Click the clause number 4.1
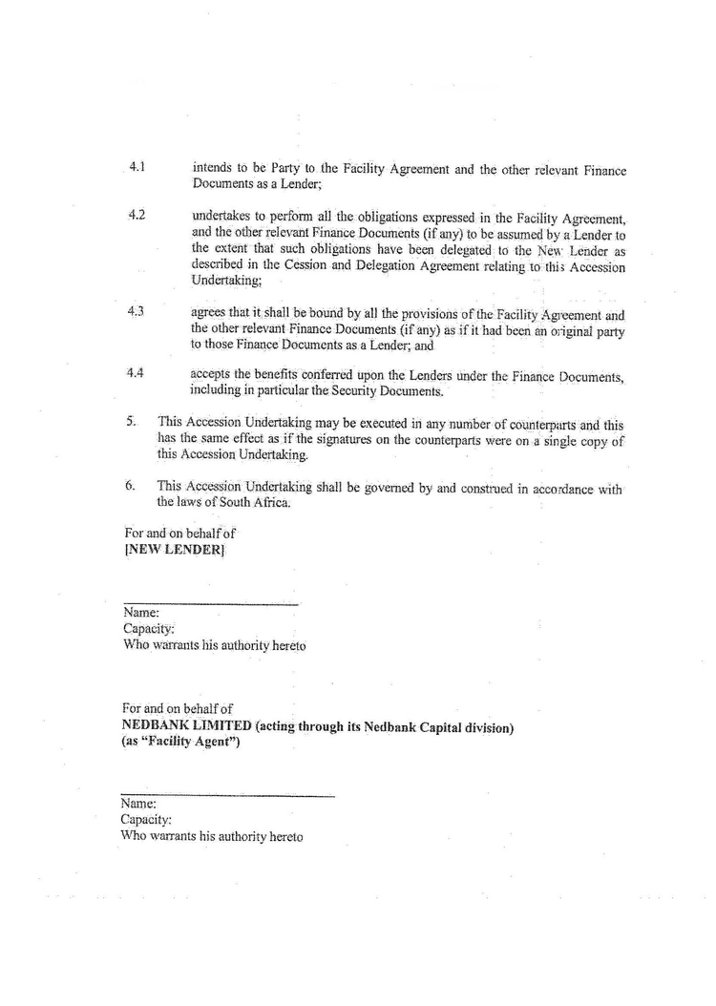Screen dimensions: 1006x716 pyautogui.click(x=136, y=166)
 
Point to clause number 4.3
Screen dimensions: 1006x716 pyautogui.click(x=136, y=312)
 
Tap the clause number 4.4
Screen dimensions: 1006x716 pyautogui.click(x=136, y=373)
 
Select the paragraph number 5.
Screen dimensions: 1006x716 pyautogui.click(x=131, y=420)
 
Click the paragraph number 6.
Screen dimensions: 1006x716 pyautogui.click(x=131, y=485)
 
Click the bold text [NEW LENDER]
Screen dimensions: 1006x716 pyautogui.click(x=174, y=551)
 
